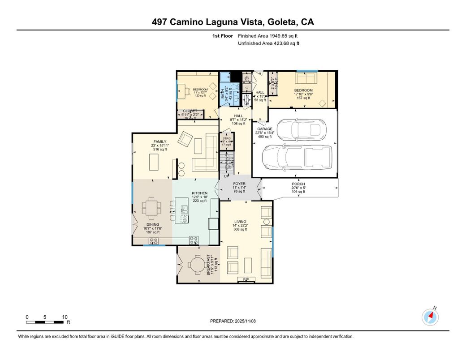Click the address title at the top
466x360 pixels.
pyautogui.click(x=233, y=22)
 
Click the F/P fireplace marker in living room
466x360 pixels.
pyautogui.click(x=246, y=280)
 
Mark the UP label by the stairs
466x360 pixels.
pyautogui.click(x=226, y=176)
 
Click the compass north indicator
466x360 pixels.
pyautogui.click(x=430, y=317)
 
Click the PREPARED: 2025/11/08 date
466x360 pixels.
pyautogui.click(x=233, y=321)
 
